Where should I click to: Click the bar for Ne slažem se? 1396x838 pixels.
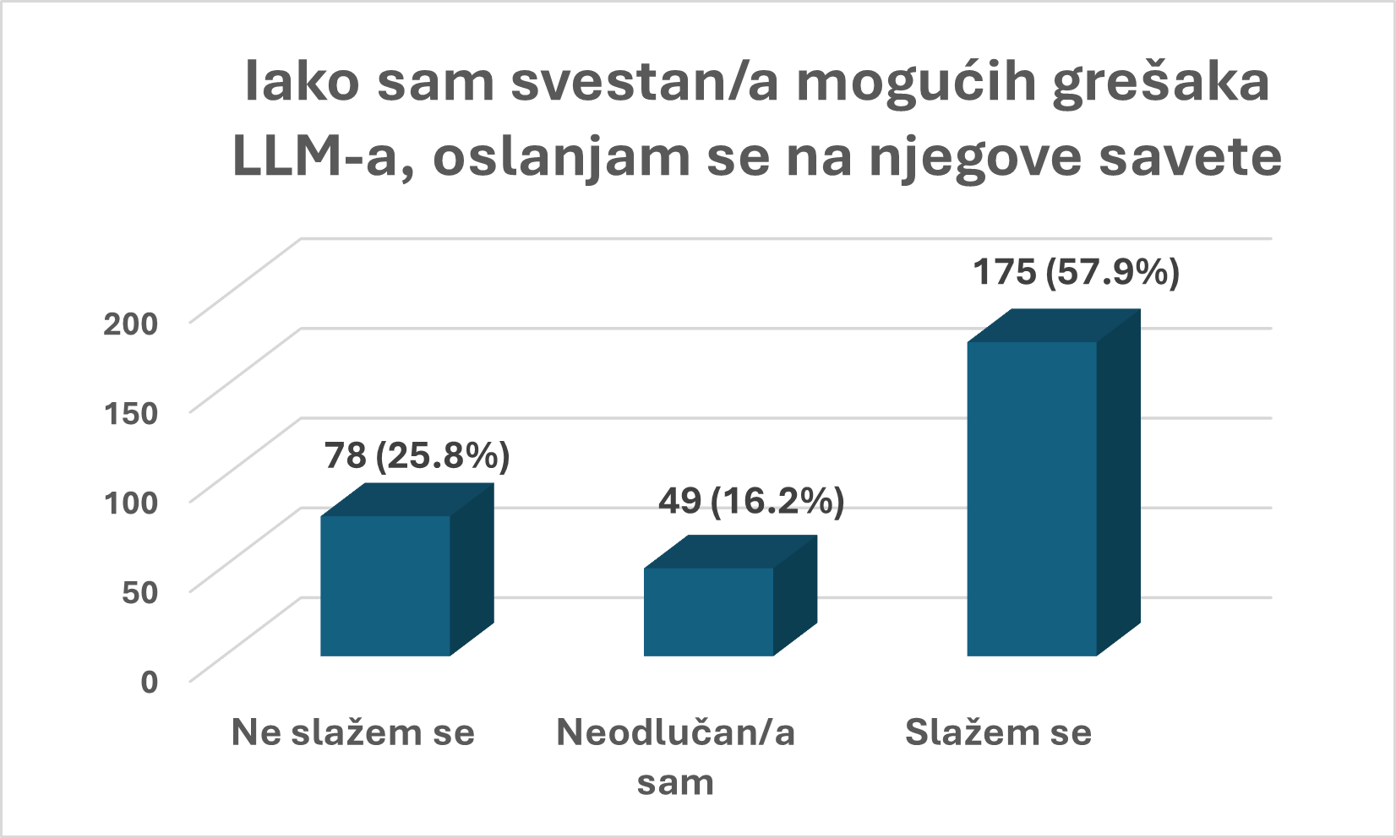385,585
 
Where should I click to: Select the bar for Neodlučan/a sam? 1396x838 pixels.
708,611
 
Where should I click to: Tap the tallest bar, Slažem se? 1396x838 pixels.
1032,498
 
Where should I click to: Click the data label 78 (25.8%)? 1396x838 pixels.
417,456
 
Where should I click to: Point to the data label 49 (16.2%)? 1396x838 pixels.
751,502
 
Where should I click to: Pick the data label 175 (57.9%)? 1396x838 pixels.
1076,273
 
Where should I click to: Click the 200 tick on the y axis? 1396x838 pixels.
130,324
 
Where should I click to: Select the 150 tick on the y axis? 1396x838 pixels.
130,413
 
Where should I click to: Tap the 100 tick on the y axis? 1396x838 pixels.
130,503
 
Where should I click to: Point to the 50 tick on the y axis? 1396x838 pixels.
139,592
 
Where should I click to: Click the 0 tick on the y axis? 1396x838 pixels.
149,682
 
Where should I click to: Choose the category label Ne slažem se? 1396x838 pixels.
353,732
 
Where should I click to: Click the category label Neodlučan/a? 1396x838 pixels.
675,732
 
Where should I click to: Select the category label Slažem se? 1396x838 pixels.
998,732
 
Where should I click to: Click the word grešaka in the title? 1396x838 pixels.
1161,84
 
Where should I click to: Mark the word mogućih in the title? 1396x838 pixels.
917,84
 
